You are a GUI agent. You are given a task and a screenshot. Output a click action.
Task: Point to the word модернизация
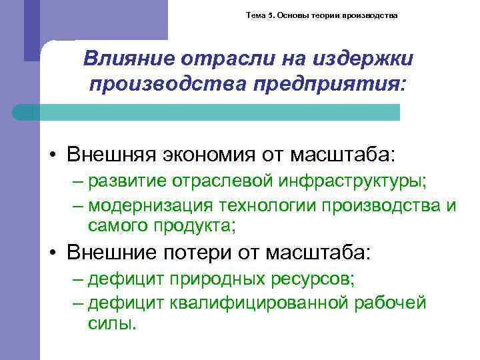(x=148, y=205)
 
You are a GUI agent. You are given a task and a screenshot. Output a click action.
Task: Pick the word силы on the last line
(x=111, y=324)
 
